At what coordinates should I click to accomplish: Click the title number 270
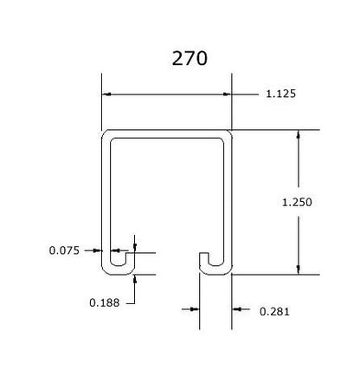(x=190, y=58)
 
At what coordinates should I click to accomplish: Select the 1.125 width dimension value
(x=280, y=94)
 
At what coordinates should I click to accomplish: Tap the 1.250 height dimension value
(x=297, y=202)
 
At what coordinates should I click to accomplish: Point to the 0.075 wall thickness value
(x=64, y=250)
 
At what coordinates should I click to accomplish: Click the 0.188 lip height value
(x=105, y=302)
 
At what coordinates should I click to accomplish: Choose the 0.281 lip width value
(x=274, y=312)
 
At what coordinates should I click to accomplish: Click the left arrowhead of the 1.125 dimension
(x=107, y=94)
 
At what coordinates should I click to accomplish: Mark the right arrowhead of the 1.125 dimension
(x=227, y=94)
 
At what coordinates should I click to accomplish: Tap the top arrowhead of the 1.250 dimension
(x=299, y=134)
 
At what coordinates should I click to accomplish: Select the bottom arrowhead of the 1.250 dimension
(x=299, y=269)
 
